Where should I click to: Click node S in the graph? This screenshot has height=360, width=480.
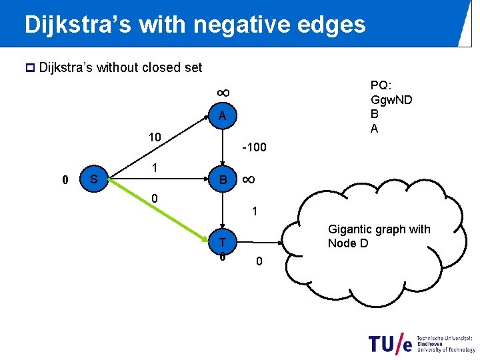[95, 179]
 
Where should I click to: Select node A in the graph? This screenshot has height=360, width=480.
[222, 117]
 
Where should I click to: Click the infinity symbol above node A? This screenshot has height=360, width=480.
[222, 91]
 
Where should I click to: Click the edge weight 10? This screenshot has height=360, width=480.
[155, 137]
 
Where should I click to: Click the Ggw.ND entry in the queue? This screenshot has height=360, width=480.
[391, 100]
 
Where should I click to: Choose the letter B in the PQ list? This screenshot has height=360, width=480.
[375, 114]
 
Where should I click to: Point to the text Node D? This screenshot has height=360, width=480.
[347, 243]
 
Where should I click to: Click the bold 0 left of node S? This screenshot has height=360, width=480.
[65, 179]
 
